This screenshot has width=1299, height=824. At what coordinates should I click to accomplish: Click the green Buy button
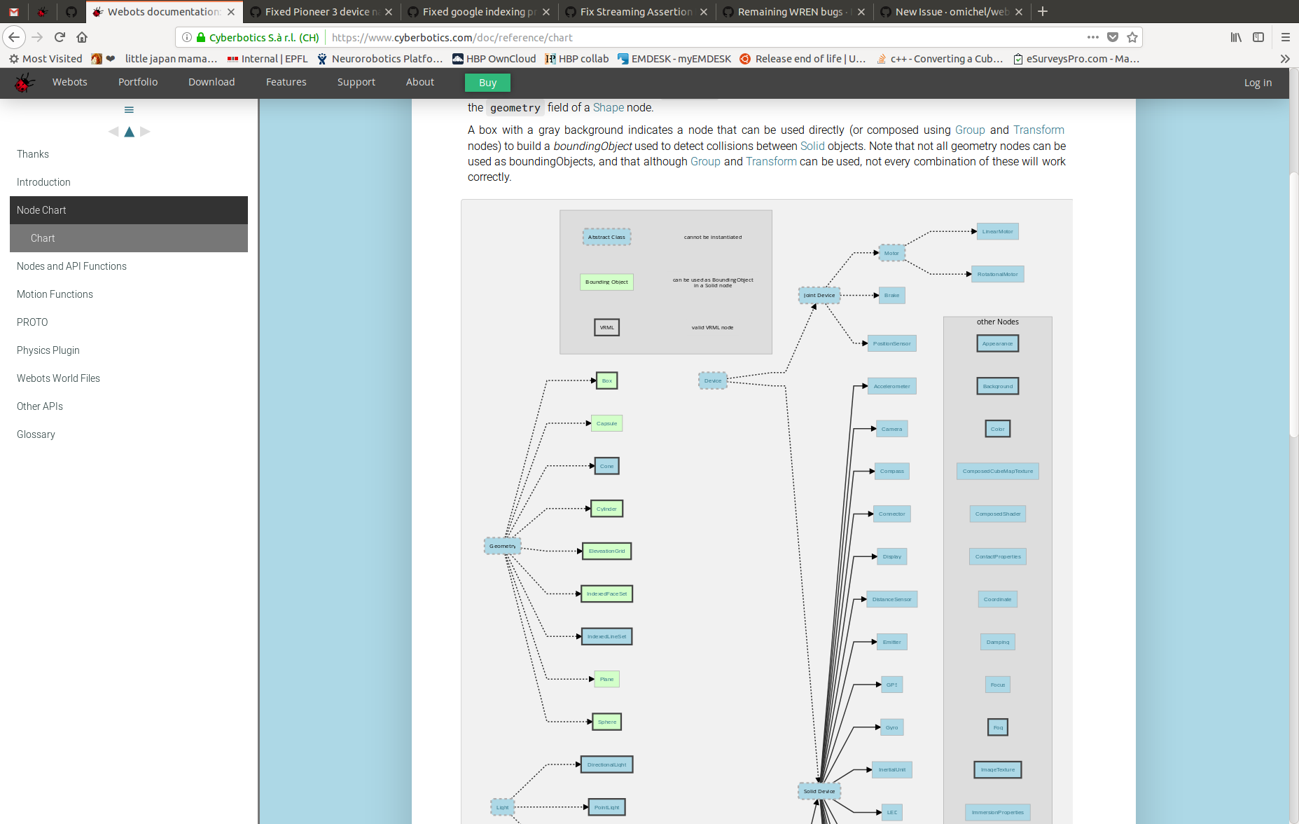pyautogui.click(x=487, y=83)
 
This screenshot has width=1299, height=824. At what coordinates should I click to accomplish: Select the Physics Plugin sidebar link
pyautogui.click(x=48, y=350)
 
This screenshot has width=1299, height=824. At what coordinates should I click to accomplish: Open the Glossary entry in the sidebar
pyautogui.click(x=36, y=434)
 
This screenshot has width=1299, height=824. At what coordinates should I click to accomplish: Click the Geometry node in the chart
pyautogui.click(x=502, y=546)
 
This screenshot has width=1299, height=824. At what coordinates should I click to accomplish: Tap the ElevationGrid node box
pyautogui.click(x=606, y=551)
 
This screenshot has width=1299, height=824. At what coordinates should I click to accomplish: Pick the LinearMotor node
pyautogui.click(x=997, y=232)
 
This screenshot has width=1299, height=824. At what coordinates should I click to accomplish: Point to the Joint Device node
pyautogui.click(x=819, y=296)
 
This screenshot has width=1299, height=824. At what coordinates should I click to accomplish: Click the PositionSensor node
pyautogui.click(x=891, y=344)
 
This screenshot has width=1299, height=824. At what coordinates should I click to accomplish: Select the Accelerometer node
pyautogui.click(x=891, y=387)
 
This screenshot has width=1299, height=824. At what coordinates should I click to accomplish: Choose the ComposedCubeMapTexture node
pyautogui.click(x=997, y=472)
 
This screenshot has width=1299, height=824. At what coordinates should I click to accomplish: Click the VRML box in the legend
pyautogui.click(x=606, y=328)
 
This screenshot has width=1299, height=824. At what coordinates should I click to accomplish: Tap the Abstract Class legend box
pyautogui.click(x=606, y=238)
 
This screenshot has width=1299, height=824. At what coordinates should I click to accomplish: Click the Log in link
pyautogui.click(x=1258, y=83)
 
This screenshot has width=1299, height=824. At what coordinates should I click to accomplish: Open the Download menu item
pyautogui.click(x=211, y=82)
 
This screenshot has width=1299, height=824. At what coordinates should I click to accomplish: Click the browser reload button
pyautogui.click(x=60, y=37)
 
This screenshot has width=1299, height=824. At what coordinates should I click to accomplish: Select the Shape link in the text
pyautogui.click(x=608, y=108)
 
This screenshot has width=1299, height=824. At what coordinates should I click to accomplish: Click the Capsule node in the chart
pyautogui.click(x=606, y=424)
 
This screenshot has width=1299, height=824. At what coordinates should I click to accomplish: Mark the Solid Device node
pyautogui.click(x=819, y=792)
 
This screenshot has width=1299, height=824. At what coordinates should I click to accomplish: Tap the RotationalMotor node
pyautogui.click(x=997, y=275)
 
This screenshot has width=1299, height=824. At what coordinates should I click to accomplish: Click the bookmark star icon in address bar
pyautogui.click(x=1132, y=37)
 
